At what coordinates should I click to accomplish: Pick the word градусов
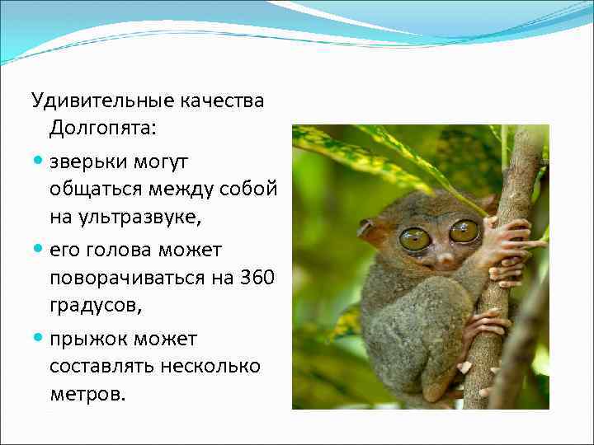pos(94,305)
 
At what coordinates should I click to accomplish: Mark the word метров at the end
pos(87,394)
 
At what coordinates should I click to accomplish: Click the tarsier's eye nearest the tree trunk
pos(464,231)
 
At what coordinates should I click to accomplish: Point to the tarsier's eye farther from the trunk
pos(415,239)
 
